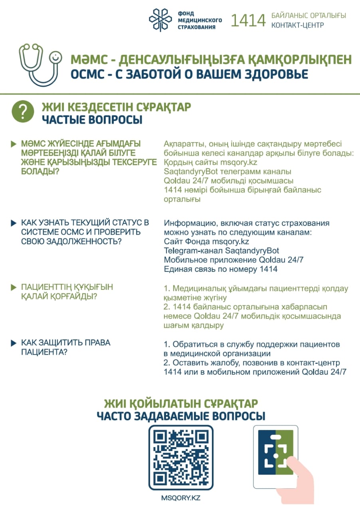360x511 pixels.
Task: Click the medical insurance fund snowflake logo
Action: pyautogui.click(x=161, y=20)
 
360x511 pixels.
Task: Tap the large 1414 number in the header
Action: pyautogui.click(x=248, y=20)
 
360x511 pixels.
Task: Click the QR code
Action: pyautogui.click(x=181, y=458)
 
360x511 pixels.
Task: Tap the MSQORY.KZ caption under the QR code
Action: pyautogui.click(x=180, y=498)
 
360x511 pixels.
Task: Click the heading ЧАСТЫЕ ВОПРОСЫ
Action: pyautogui.click(x=92, y=119)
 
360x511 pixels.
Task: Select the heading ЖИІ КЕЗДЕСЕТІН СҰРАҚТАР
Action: pyautogui.click(x=116, y=107)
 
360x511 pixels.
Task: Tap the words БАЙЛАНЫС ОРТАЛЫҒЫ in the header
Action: pyautogui.click(x=309, y=16)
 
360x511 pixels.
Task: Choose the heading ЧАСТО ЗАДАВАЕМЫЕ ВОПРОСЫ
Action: pyautogui.click(x=181, y=416)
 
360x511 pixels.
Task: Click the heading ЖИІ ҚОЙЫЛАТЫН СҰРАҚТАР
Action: pyautogui.click(x=181, y=403)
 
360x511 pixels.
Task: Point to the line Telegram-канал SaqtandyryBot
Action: pyautogui.click(x=222, y=251)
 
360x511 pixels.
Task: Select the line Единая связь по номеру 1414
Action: pyautogui.click(x=220, y=269)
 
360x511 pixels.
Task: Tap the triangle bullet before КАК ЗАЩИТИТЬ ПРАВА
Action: pyautogui.click(x=13, y=343)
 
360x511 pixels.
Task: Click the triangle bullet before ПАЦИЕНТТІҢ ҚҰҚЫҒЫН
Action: pyautogui.click(x=13, y=287)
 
